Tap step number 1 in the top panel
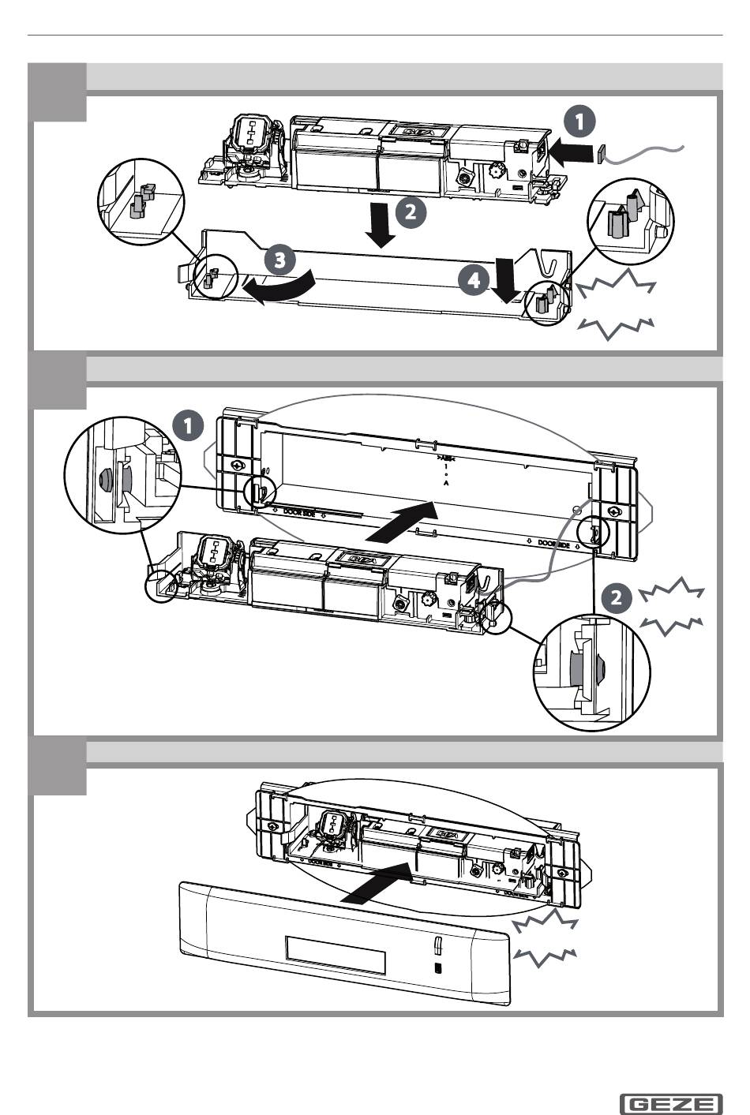coord(579,122)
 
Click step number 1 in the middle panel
coord(187,426)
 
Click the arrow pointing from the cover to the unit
coord(379,885)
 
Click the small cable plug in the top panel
coord(601,152)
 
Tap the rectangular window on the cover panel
coord(336,955)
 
